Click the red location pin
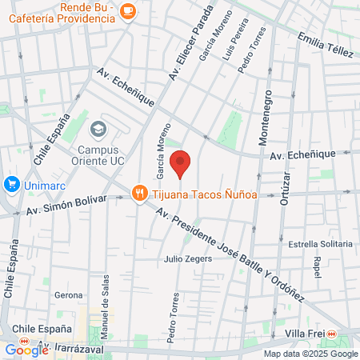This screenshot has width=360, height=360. [x=181, y=163]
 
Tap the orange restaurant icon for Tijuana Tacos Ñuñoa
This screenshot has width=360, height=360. [x=140, y=193]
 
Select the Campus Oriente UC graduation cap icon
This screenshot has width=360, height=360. [x=98, y=129]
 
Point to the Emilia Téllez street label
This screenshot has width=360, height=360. [x=325, y=45]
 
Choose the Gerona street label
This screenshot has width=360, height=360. [x=69, y=295]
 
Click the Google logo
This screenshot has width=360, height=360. [x=26, y=349]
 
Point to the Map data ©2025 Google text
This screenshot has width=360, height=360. [x=311, y=354]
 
